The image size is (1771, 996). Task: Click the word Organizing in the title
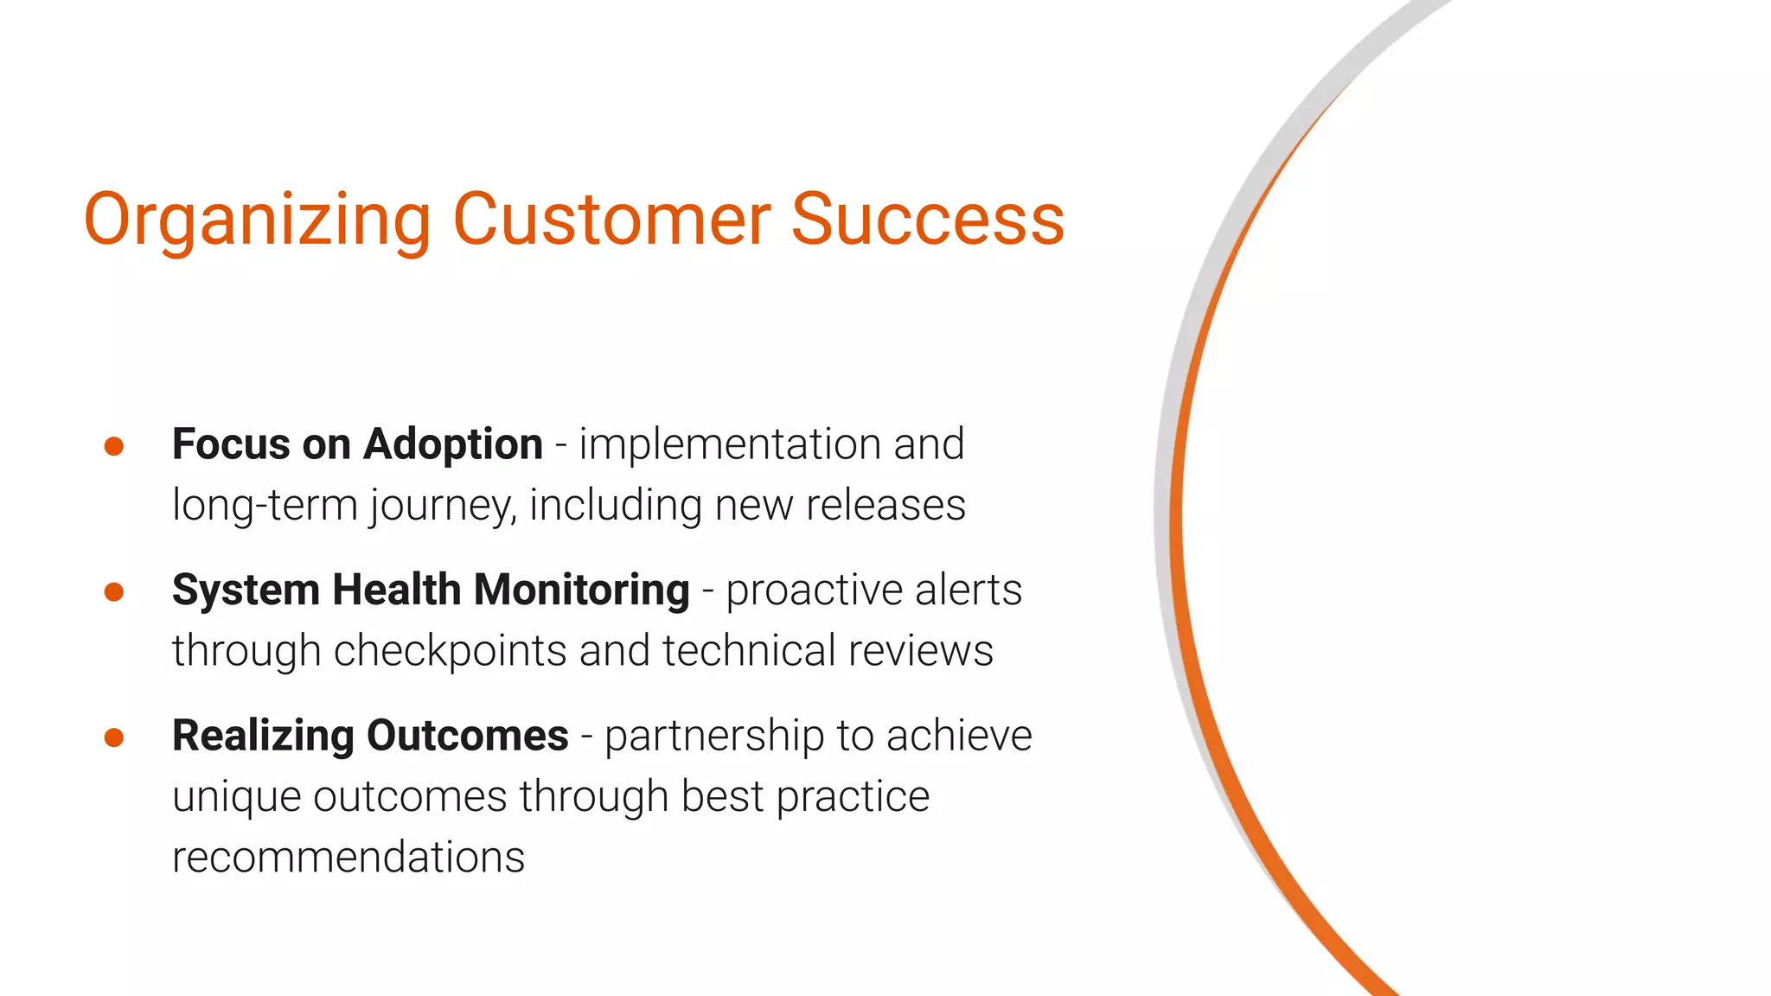pos(257,220)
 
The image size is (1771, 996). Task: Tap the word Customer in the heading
pos(611,219)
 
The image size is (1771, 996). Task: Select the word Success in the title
pos(927,219)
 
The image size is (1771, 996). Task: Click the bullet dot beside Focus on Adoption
pos(114,446)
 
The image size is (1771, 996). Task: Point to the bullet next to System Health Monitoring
pos(114,592)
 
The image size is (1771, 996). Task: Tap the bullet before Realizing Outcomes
pos(114,737)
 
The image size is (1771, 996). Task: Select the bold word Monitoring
pos(581,591)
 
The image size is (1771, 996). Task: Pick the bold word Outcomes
pos(467,736)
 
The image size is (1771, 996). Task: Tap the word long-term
pos(265,505)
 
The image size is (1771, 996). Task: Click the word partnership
pos(713,737)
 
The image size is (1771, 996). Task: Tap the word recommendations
pos(348,858)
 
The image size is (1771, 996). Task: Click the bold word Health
pos(396,591)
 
